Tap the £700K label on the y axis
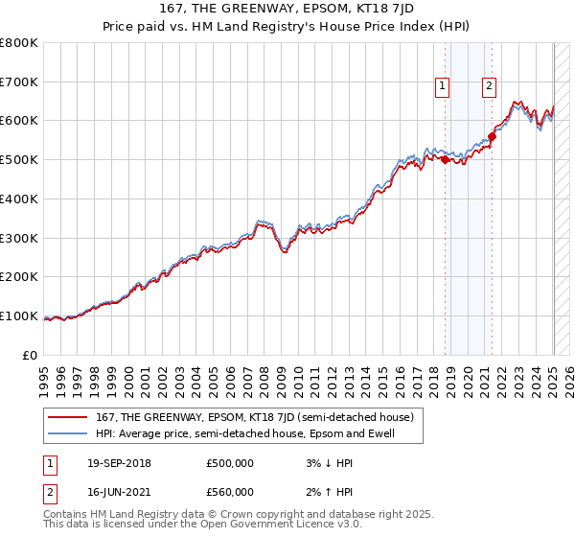[19, 82]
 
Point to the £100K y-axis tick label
[19, 316]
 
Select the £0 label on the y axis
[31, 356]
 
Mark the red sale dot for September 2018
[446, 160]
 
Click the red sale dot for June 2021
[492, 137]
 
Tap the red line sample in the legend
[67, 417]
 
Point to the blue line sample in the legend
[67, 434]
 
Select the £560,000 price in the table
[230, 492]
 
